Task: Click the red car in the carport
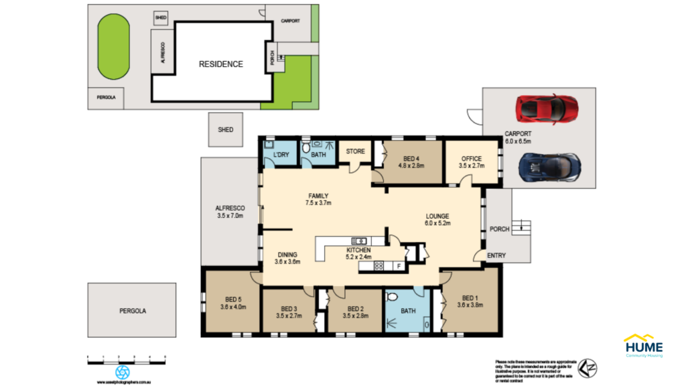546,109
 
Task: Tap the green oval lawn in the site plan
113,48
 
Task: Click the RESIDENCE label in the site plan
220,64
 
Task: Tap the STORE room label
356,151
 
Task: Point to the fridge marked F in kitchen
399,266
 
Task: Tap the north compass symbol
588,367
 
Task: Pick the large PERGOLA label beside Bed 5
132,311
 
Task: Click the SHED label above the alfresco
226,129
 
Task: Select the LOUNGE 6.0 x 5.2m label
437,220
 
